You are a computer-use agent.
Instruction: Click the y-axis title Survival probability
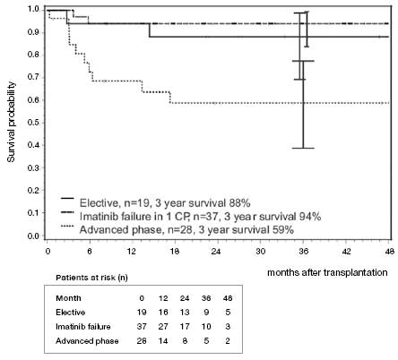[11, 122]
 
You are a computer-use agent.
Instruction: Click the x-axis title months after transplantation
[327, 271]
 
